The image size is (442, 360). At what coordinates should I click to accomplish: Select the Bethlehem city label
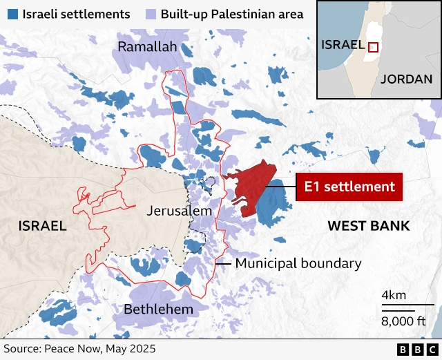click(158, 309)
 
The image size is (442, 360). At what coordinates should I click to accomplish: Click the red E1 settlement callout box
click(349, 187)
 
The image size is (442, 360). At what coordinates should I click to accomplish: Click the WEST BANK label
click(368, 226)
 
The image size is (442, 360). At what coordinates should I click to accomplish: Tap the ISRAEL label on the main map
click(42, 226)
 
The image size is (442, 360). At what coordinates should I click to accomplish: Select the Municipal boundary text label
click(298, 263)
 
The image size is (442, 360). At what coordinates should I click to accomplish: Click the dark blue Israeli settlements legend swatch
click(11, 14)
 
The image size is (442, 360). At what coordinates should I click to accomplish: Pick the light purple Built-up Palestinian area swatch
click(150, 14)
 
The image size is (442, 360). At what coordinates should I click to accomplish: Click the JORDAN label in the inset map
click(406, 78)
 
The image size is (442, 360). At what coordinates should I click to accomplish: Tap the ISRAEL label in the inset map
click(343, 45)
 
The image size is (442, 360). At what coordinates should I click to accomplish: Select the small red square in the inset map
click(373, 47)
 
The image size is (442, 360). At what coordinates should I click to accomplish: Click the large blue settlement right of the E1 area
click(274, 205)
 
